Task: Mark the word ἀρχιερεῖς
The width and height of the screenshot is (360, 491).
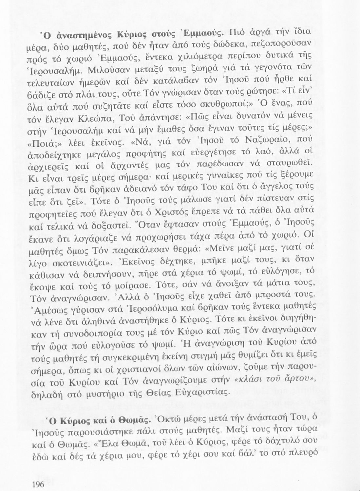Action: click(x=52, y=174)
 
